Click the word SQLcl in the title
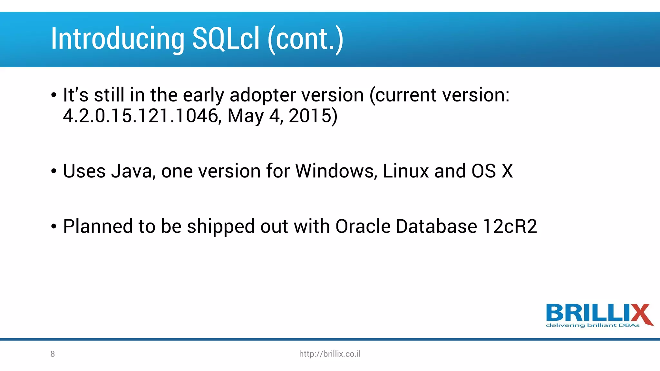226,39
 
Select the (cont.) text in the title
305,39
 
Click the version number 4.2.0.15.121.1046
141,116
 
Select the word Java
131,171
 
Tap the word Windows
335,171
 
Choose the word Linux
405,171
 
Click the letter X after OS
507,171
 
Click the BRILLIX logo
599,313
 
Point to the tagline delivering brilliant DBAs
592,326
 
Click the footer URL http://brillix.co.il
330,354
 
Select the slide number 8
53,354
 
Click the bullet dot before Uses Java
54,172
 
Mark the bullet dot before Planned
54,227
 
